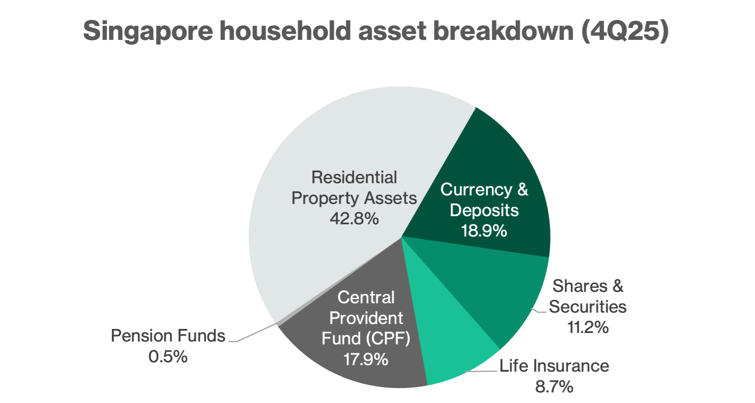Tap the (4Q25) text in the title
(625, 31)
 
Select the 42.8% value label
(354, 219)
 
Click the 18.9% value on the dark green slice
(484, 231)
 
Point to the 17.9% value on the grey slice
(365, 359)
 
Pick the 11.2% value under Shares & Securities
(587, 327)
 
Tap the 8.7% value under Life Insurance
(554, 386)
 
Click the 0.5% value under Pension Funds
(168, 357)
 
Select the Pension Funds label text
(168, 336)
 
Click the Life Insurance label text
(554, 366)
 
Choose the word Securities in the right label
(587, 307)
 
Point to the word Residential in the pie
(354, 177)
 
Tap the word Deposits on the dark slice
(484, 210)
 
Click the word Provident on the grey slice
(366, 318)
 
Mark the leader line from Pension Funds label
(254, 334)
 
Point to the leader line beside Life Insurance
(482, 371)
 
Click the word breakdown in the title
(503, 31)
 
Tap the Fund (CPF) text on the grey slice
(366, 339)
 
